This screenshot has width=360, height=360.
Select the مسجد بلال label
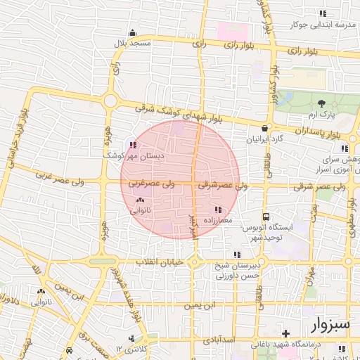point(134,43)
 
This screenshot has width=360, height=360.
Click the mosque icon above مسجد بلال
point(132,32)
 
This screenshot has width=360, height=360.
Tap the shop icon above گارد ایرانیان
point(264,129)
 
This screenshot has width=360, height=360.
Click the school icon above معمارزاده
point(217,210)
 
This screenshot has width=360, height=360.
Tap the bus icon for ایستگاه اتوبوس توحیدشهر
point(266,217)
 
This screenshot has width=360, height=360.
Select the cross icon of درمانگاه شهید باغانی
point(285,333)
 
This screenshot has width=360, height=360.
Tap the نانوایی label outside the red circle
point(40,302)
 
